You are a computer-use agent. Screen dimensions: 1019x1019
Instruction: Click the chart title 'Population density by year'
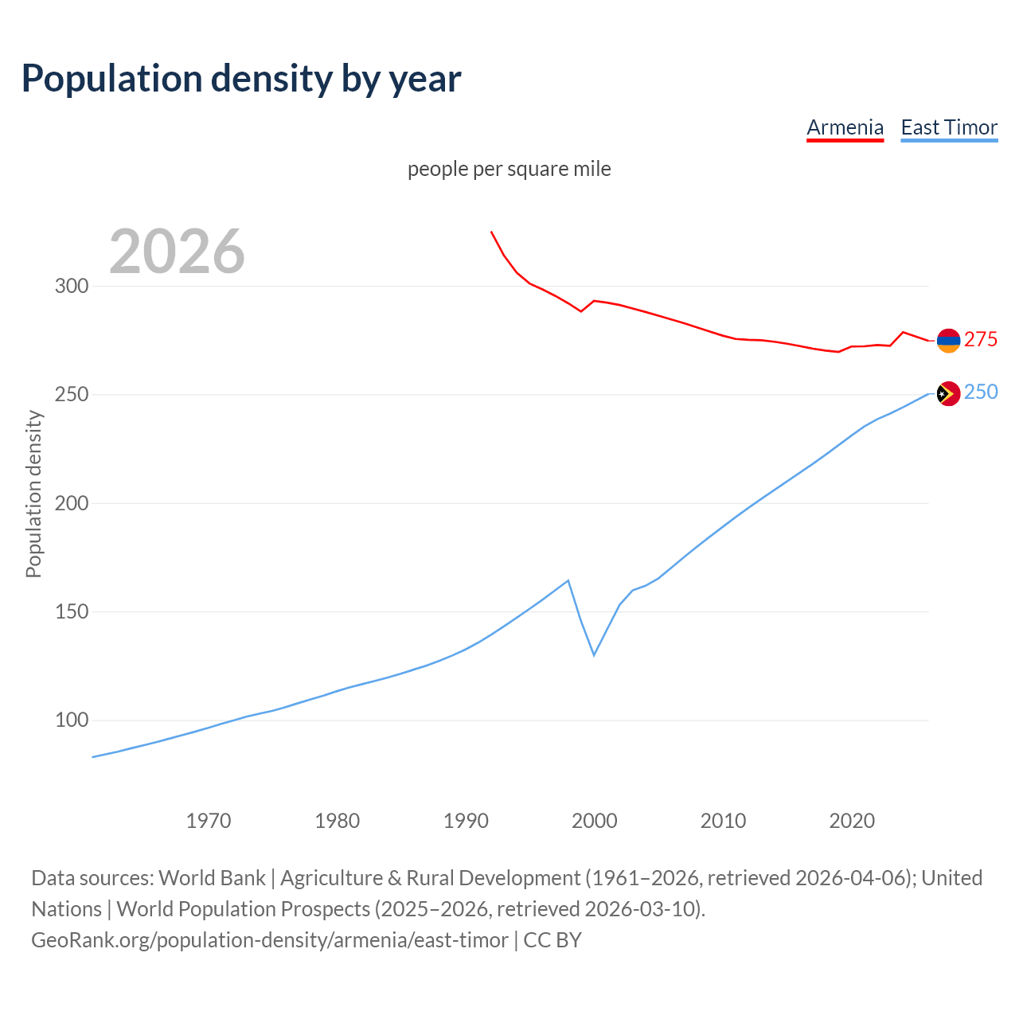241,78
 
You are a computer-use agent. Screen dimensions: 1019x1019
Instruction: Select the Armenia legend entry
845,127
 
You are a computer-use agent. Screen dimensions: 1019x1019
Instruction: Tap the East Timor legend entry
949,127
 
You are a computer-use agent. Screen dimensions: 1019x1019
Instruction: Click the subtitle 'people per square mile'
509,169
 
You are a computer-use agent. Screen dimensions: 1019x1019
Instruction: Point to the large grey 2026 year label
177,252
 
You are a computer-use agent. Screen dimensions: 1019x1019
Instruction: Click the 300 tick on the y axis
71,286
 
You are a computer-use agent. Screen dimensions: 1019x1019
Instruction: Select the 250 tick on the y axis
71,395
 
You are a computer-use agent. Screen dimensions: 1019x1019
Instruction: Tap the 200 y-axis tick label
71,503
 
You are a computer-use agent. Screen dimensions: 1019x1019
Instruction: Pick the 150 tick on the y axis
71,612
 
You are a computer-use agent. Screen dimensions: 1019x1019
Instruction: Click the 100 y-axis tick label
71,720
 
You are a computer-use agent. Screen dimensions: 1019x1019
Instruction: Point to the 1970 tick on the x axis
209,820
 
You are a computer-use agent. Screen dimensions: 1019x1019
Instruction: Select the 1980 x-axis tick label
338,820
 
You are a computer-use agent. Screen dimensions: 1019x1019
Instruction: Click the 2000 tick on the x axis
595,820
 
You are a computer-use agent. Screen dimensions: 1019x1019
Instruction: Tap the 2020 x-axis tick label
852,820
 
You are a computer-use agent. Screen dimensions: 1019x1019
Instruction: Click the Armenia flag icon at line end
948,341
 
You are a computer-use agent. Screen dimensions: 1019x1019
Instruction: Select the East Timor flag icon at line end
948,393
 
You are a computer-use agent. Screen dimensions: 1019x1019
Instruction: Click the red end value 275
981,340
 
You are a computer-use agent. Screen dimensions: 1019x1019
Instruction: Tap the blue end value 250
981,392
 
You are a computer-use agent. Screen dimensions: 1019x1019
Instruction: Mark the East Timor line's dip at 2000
594,654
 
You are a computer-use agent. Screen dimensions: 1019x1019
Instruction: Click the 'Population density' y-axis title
33,494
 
